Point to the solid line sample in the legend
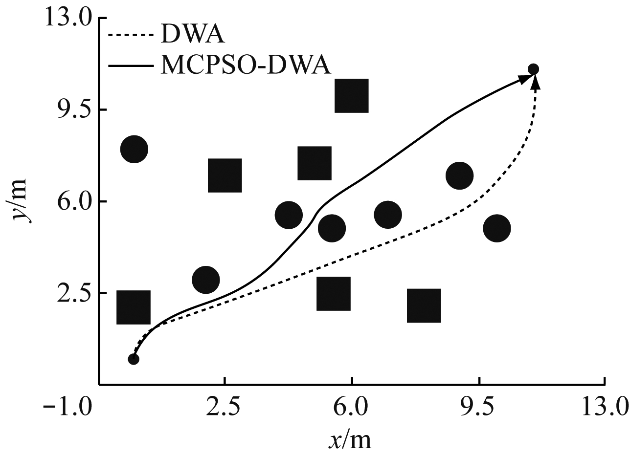(x=131, y=65)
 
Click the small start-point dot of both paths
(x=134, y=359)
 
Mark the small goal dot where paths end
(x=534, y=69)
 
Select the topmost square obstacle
(x=351, y=95)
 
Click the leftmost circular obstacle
(x=134, y=150)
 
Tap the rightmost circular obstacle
(x=497, y=228)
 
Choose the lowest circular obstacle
(x=206, y=280)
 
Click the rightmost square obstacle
(x=424, y=305)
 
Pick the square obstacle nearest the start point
(x=133, y=307)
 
